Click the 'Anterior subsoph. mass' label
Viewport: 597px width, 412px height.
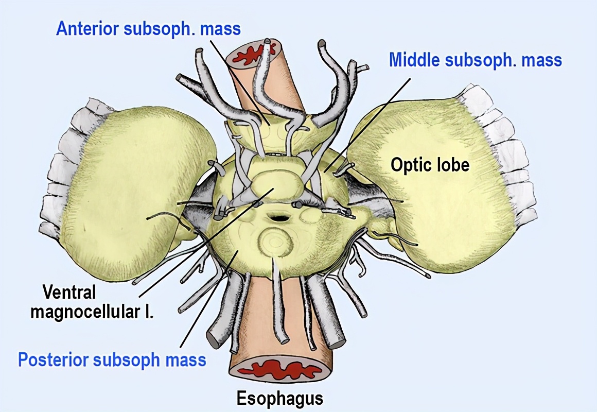tap(148, 28)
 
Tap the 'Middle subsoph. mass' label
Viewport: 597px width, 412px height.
tap(475, 60)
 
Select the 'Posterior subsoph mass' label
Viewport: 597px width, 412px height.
tap(112, 359)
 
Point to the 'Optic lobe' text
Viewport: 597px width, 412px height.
tap(430, 165)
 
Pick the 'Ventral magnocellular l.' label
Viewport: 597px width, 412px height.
tap(92, 302)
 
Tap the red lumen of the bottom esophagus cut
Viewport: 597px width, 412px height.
tap(280, 370)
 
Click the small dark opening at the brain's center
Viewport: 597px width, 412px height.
tap(279, 218)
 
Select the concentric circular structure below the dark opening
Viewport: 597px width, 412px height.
tap(275, 242)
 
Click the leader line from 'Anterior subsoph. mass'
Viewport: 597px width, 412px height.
tap(239, 82)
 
